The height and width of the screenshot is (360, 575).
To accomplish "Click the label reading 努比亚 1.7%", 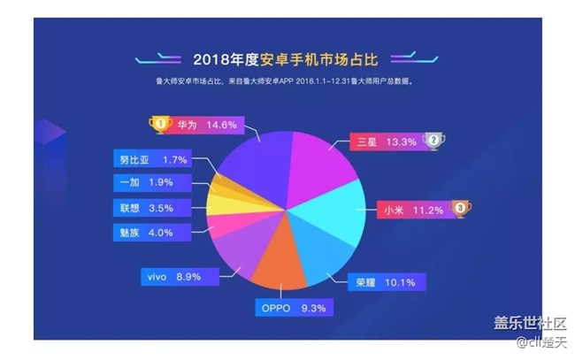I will pyautogui.click(x=152, y=161).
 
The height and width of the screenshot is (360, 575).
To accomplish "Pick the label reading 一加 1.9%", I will pyautogui.click(x=152, y=183).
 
